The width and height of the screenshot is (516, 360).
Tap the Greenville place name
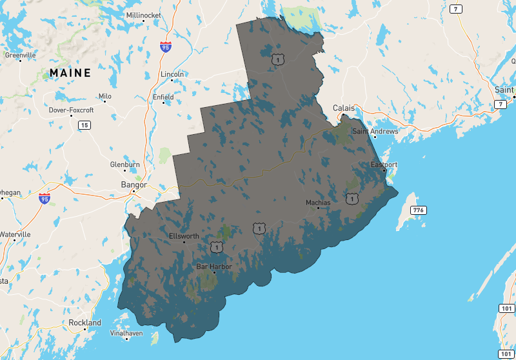[x=20, y=55]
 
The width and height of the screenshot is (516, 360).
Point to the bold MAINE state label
[x=70, y=73]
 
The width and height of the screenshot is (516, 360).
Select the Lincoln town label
[x=172, y=74]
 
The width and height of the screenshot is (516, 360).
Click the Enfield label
[x=163, y=97]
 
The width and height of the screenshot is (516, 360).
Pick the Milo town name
[x=104, y=96]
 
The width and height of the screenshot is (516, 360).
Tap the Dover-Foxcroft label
[x=71, y=110]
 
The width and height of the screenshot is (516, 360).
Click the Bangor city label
[x=134, y=185]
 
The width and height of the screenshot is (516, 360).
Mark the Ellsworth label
[x=184, y=236]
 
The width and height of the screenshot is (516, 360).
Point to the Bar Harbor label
[x=213, y=266]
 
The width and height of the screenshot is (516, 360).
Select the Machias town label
[x=318, y=203]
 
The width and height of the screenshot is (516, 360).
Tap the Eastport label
[x=384, y=165]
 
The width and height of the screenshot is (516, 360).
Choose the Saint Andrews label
[x=375, y=132]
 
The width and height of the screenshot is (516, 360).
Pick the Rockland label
[x=84, y=323]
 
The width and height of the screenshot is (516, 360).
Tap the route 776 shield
[x=419, y=210]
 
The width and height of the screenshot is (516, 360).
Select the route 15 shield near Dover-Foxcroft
[x=84, y=125]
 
